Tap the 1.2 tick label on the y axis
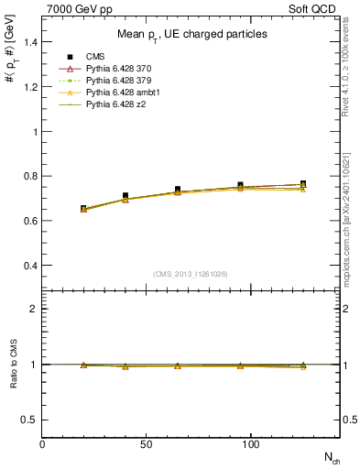pyautogui.click(x=29, y=87)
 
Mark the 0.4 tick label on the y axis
pyautogui.click(x=29, y=266)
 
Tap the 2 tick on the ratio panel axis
pyautogui.click(x=34, y=309)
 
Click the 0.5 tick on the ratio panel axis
pyautogui.click(x=29, y=420)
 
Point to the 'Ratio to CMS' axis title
pyautogui.click(x=14, y=365)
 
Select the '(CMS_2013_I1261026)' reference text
pyautogui.click(x=191, y=274)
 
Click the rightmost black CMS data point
pyautogui.click(x=303, y=184)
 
